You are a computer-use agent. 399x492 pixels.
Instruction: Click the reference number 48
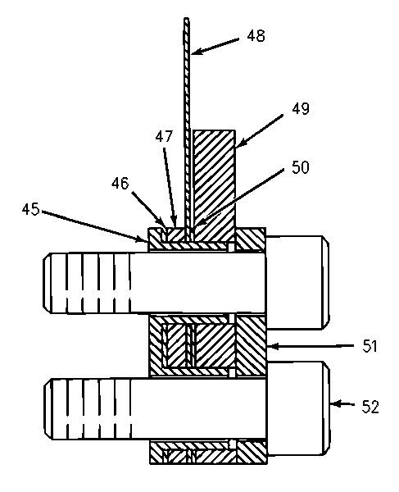point(256,36)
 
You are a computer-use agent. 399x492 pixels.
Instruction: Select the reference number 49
point(300,109)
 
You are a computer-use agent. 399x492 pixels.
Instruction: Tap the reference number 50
point(300,167)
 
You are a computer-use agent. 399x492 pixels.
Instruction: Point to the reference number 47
point(164,136)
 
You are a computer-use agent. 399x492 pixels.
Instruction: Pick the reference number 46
point(120,183)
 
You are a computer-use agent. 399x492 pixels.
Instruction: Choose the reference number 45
point(30,209)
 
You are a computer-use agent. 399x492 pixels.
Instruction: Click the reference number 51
point(370,346)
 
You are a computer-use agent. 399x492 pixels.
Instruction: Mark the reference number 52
point(370,407)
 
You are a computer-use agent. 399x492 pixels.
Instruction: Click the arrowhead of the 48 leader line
point(195,52)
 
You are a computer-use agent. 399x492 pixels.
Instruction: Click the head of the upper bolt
point(297,282)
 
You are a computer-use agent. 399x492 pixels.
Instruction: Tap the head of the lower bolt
point(298,408)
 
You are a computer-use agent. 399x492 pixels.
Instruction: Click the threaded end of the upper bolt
point(87,283)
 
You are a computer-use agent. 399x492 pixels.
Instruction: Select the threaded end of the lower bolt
point(88,409)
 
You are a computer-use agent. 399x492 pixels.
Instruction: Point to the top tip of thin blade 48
point(186,18)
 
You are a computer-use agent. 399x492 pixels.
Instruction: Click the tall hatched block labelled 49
point(214,185)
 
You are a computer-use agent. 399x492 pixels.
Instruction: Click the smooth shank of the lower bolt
point(199,409)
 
